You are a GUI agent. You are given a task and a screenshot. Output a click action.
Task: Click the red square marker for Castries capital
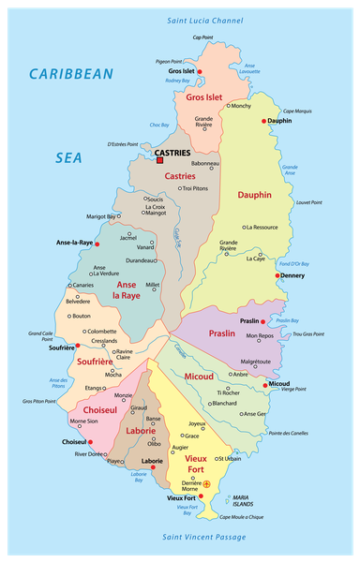coord(159,160)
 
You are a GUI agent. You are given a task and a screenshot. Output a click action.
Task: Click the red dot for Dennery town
coord(277,275)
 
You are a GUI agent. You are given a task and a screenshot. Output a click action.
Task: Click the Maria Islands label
coord(242,500)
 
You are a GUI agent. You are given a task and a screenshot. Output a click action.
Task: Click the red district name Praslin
coord(222,333)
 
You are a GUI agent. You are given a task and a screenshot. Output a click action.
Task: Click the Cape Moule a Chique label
coord(242,517)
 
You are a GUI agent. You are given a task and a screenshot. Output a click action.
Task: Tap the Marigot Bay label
coord(101,216)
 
